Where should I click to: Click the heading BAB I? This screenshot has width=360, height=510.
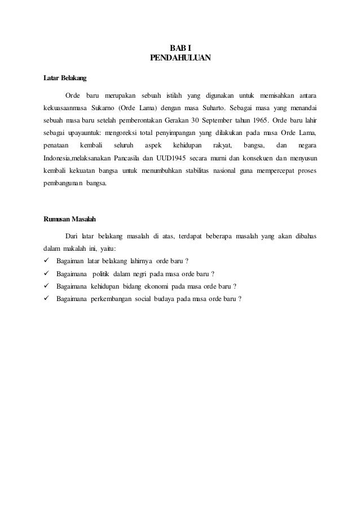click(x=180, y=47)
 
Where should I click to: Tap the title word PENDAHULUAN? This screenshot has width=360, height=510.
click(x=180, y=58)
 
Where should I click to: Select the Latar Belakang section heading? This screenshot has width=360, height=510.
click(x=65, y=77)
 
